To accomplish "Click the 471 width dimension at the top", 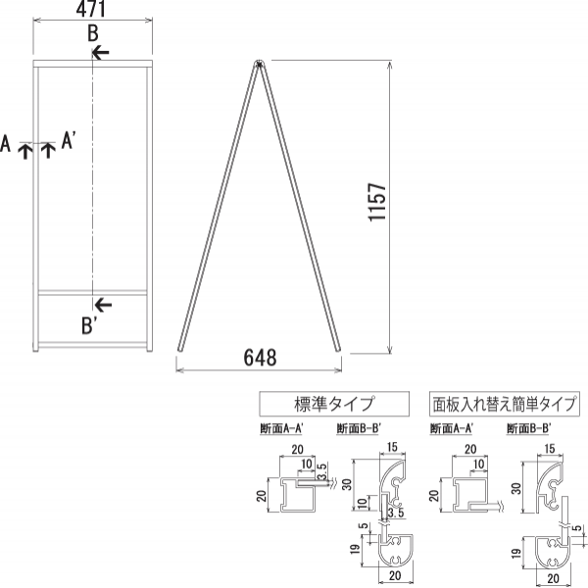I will click(x=92, y=10).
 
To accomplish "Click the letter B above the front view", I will click(x=92, y=33).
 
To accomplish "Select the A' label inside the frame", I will click(x=70, y=142).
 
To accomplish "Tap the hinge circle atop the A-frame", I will click(x=260, y=65).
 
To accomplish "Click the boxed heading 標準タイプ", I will click(x=318, y=403).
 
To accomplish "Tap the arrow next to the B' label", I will click(x=102, y=304).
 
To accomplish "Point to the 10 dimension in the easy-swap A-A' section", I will click(x=477, y=463).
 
